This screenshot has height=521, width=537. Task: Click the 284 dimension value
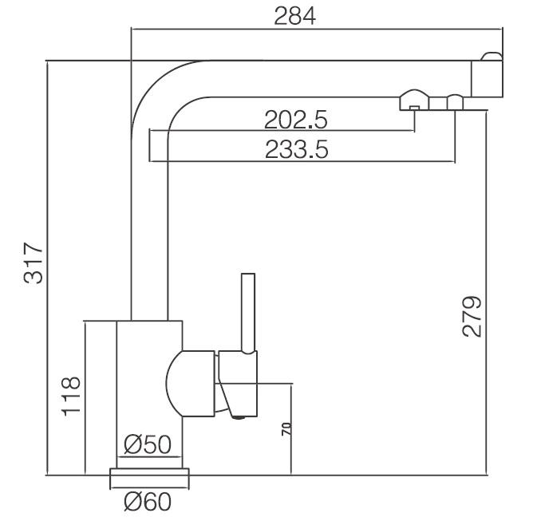coord(295,16)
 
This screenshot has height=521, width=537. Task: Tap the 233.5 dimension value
coord(296,149)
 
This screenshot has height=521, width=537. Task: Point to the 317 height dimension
coord(33,262)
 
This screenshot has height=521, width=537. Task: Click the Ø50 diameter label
coord(148,444)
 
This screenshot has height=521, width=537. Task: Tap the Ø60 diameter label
coord(148,503)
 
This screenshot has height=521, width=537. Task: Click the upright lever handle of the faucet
coord(247,312)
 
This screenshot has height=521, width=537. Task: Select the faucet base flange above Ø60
coord(150,476)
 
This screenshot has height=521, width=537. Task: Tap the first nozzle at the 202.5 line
coord(414,101)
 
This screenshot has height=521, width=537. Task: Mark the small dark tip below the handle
coord(236,413)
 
